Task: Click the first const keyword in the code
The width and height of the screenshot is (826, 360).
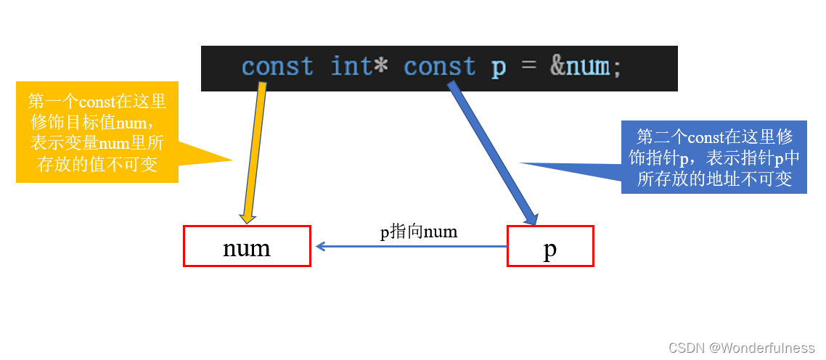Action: (x=277, y=67)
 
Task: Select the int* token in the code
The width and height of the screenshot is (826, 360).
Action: (x=360, y=67)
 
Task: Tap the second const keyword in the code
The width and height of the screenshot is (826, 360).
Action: (x=439, y=67)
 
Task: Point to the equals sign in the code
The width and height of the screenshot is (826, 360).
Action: (x=528, y=67)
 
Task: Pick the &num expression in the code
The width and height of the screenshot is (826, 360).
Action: (x=580, y=67)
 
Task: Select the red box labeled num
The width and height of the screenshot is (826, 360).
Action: (x=247, y=246)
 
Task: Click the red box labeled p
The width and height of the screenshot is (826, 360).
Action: (x=550, y=246)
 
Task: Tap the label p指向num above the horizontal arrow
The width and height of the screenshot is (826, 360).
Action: (x=419, y=232)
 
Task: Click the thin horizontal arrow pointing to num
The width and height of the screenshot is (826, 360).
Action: (x=412, y=246)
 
